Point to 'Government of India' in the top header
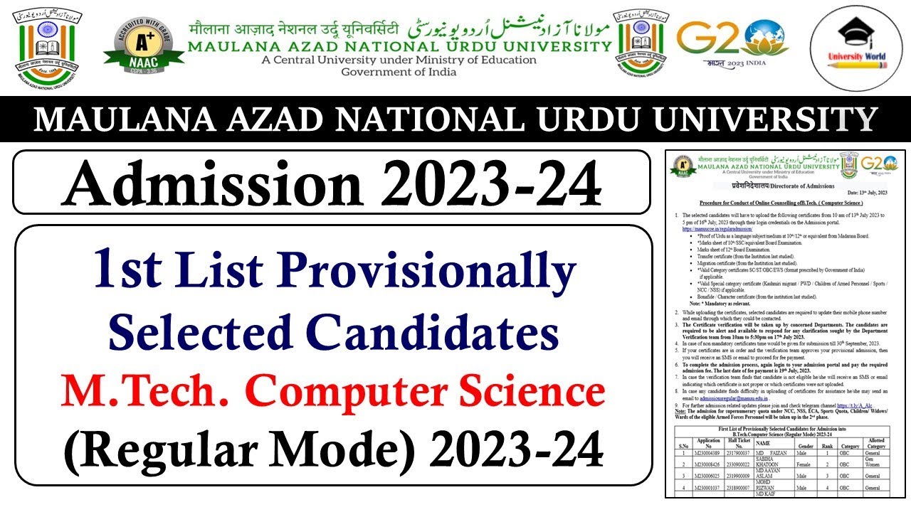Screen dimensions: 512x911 click(399, 72)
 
